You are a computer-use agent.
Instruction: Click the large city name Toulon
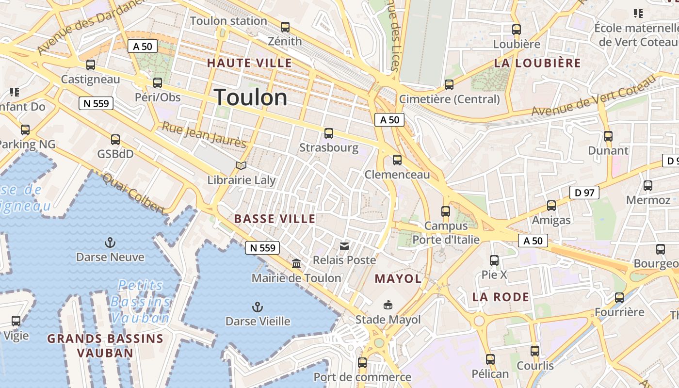coord(250,97)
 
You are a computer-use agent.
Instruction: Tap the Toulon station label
coord(228,21)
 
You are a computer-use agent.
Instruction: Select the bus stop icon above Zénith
coord(285,27)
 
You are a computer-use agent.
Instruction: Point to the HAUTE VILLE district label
coord(249,63)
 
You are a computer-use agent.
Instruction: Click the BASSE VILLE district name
coord(275,219)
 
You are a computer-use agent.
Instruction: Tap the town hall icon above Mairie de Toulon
coord(296,264)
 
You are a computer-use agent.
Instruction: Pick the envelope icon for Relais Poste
coord(344,246)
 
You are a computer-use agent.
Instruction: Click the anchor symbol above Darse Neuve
coord(110,242)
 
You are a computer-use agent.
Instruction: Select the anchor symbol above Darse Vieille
coord(258,307)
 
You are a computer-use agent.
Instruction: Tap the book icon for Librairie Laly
coord(241,166)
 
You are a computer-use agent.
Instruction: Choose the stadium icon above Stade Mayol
coord(388,305)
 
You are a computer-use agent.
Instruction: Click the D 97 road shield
coord(584,193)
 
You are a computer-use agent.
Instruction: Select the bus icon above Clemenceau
coord(397,160)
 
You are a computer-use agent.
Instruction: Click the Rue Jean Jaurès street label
coord(204,134)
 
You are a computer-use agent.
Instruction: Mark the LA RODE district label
coord(501,297)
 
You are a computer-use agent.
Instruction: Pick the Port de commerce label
coord(362,377)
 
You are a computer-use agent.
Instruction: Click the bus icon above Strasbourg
coord(329,133)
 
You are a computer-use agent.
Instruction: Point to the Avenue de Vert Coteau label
coord(594,96)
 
